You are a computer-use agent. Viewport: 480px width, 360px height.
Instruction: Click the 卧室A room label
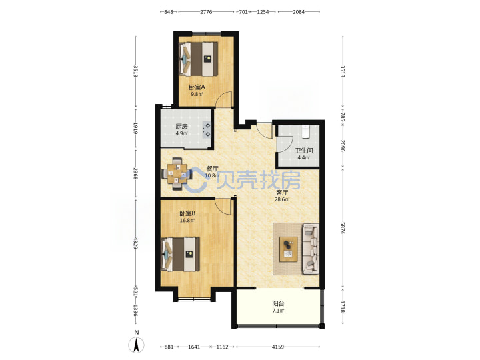coord(197,87)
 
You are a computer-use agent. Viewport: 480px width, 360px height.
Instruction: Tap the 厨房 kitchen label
coord(181,127)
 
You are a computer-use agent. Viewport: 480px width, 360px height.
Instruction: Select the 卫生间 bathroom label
coord(304,151)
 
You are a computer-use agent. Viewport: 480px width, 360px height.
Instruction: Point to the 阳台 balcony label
coord(278,304)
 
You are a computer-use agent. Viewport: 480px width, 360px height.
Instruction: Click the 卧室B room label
coord(187,213)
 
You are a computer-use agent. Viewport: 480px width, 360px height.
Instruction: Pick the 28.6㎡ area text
coord(282,199)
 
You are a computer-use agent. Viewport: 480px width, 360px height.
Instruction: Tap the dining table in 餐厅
coord(177,174)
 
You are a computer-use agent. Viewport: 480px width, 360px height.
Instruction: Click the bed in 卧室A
coord(198,59)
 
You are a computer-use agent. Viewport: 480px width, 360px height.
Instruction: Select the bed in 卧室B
coord(180,254)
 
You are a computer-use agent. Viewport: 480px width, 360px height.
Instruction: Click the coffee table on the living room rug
coord(289,249)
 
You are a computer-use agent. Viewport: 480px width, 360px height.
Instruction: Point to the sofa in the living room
coord(311,249)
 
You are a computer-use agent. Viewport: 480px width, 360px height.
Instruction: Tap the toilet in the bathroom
coord(305,131)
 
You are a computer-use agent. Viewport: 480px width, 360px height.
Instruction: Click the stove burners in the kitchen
coord(207,130)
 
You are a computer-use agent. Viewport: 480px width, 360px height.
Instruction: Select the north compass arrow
coord(136,345)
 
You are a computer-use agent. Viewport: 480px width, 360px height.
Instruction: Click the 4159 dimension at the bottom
coord(278,347)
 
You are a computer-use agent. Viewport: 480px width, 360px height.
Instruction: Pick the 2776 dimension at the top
coord(206,12)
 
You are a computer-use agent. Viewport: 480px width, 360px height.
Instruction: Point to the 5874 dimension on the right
coord(343,228)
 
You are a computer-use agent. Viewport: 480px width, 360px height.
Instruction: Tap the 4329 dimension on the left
coord(135,242)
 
